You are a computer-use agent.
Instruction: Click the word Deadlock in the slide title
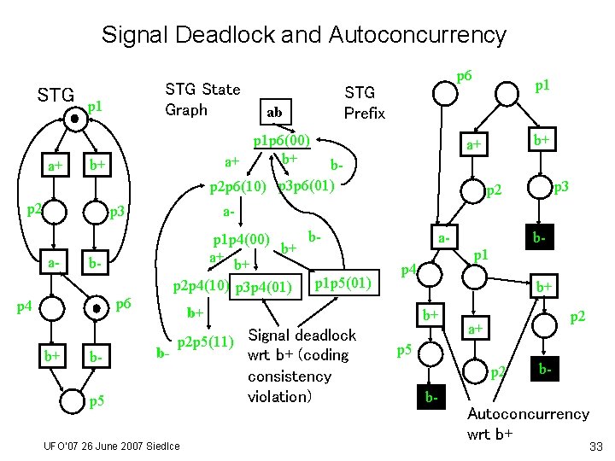click(225, 34)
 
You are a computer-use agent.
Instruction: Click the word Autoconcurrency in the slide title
click(418, 36)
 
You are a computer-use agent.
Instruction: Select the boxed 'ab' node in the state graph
click(276, 112)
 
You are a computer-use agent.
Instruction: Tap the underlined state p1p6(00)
click(282, 141)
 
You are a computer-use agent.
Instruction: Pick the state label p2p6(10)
click(238, 187)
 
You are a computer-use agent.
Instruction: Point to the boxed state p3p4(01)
click(266, 287)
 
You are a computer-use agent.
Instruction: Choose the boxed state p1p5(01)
click(344, 283)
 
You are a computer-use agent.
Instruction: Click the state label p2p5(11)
click(206, 342)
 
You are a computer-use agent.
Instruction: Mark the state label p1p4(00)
click(241, 240)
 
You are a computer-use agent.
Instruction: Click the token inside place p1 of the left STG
click(75, 119)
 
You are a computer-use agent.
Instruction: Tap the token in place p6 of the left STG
click(96, 308)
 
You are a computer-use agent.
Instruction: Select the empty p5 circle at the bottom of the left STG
click(72, 401)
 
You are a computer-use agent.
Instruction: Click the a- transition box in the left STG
click(54, 262)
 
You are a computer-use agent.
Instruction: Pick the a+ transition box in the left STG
click(56, 165)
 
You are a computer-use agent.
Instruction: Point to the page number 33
click(596, 446)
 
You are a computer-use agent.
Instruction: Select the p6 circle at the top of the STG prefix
click(445, 94)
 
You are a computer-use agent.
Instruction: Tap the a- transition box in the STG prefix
click(444, 237)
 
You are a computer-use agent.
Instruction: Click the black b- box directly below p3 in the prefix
click(540, 237)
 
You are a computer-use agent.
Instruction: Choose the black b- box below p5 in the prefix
click(431, 397)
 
